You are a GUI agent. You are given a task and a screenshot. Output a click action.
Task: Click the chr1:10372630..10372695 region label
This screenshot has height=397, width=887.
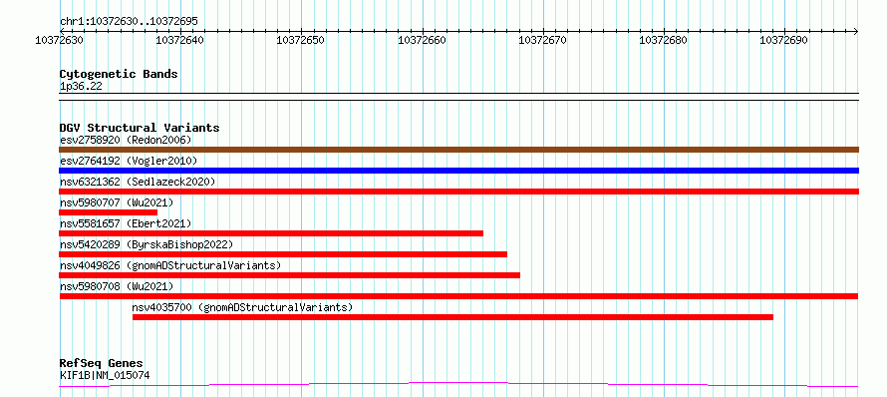coord(129,22)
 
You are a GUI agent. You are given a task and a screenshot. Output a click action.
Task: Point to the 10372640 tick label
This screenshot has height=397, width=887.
coord(179,40)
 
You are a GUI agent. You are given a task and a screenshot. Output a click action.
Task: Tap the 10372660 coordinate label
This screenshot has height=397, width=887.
coord(422,40)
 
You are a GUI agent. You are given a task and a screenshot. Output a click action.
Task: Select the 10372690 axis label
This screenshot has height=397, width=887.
coord(784,40)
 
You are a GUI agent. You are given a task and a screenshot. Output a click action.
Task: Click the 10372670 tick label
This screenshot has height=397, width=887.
coord(542,40)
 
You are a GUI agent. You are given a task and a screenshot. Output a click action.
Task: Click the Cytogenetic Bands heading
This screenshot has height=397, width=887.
coord(119,74)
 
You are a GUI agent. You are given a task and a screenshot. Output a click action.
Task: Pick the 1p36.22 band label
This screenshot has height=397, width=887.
coord(81,87)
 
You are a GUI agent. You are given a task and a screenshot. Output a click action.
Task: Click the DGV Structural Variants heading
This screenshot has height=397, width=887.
coord(140,128)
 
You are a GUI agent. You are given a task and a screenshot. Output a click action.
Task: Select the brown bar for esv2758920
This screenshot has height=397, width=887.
coord(458,150)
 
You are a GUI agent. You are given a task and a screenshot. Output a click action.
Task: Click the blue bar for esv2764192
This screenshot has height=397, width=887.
coord(458,171)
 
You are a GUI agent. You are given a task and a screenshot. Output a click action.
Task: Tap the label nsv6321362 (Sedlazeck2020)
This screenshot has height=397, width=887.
coord(138,182)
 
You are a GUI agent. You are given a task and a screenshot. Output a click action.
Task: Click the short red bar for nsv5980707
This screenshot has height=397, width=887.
coord(108,212)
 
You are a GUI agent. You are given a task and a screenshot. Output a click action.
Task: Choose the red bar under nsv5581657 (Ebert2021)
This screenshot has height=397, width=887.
coord(271,233)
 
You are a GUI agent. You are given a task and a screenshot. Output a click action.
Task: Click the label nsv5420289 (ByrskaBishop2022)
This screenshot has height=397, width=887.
coord(147,244)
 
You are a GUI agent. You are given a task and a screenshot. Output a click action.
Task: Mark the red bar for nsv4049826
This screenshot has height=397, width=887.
coord(289,275)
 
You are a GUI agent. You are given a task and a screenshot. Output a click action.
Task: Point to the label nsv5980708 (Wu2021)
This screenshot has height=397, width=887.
coord(117,286)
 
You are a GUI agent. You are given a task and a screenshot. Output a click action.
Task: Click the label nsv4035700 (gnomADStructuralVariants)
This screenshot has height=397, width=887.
coord(243,307)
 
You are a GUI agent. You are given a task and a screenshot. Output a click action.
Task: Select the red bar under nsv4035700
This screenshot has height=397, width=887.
coord(452,317)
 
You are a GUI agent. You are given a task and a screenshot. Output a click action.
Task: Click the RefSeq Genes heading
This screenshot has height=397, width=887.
coord(102,364)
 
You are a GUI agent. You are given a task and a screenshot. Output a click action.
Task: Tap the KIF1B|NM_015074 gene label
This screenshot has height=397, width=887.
coord(105,375)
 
